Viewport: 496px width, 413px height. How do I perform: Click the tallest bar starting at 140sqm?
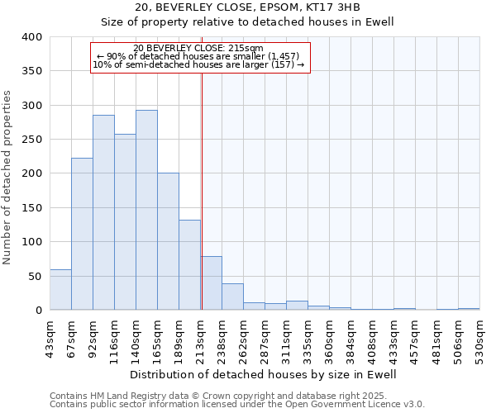[x=146, y=211]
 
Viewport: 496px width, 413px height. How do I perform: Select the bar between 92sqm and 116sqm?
[x=103, y=213]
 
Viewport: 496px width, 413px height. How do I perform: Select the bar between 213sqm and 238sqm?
[x=211, y=283]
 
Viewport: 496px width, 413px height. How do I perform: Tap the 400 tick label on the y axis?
[x=31, y=37]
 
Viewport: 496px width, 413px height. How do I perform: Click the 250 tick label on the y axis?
[x=31, y=140]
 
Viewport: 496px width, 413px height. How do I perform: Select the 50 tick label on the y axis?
[x=35, y=276]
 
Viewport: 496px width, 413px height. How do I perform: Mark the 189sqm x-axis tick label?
[x=179, y=336]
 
